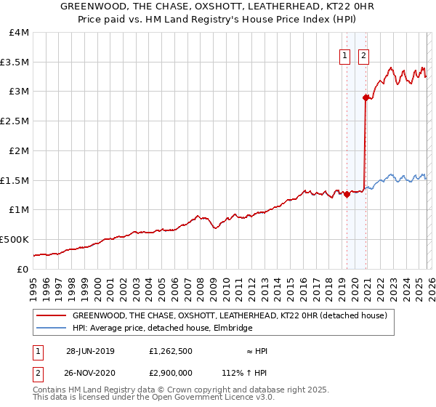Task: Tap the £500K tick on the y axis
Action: pyautogui.click(x=15, y=239)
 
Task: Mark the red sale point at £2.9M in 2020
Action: pyautogui.click(x=365, y=97)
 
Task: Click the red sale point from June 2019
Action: pyautogui.click(x=347, y=194)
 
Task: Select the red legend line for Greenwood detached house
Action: pyautogui.click(x=51, y=316)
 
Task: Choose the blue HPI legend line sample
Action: pyautogui.click(x=51, y=329)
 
